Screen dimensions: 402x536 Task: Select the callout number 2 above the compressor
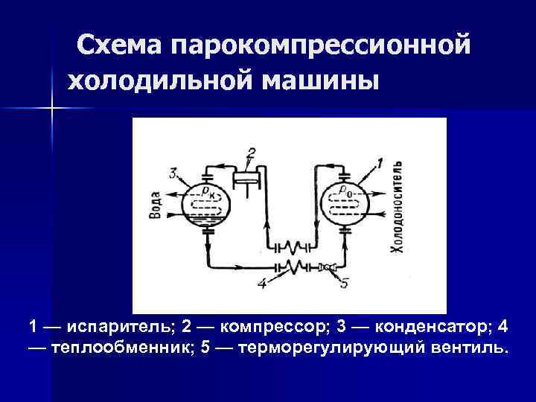click(x=252, y=154)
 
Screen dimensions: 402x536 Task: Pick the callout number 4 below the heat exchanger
click(x=261, y=283)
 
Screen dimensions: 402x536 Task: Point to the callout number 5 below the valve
click(x=343, y=283)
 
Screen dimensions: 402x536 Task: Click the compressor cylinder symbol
click(x=247, y=179)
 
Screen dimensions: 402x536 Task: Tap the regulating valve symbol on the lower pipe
click(x=326, y=266)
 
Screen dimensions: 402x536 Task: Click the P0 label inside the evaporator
click(x=344, y=191)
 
